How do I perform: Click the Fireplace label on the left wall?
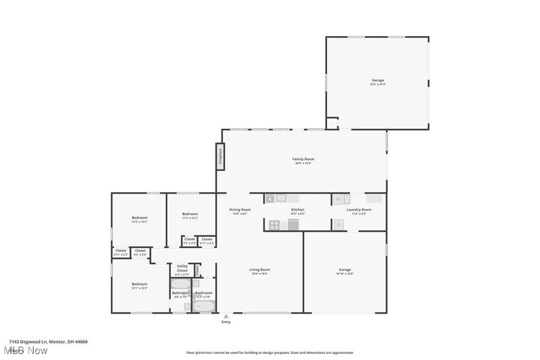220,156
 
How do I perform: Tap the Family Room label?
302,160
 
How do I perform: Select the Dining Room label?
239,211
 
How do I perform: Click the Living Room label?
259,271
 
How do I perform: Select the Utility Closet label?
182,269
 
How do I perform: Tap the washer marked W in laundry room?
337,199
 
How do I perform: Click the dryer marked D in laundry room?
338,223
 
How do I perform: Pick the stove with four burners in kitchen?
274,223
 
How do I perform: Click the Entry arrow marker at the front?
226,317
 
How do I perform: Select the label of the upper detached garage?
377,82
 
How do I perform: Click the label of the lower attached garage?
345,271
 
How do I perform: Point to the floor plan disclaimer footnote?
270,352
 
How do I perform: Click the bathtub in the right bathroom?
203,305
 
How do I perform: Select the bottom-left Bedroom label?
139,285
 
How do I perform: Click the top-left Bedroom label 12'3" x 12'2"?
139,219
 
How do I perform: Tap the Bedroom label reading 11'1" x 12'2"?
190,216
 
